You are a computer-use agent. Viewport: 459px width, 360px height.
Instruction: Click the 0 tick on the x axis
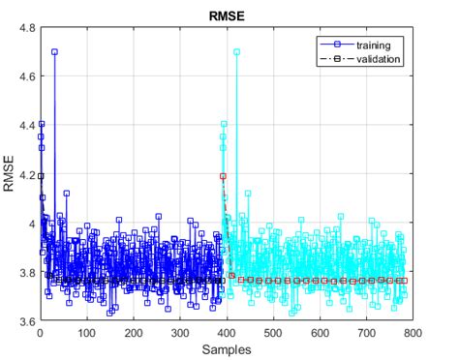40,332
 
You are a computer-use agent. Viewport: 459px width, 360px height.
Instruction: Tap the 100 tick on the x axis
87,332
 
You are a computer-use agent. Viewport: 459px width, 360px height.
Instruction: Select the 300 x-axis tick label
180,332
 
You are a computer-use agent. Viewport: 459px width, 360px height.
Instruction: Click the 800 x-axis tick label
413,332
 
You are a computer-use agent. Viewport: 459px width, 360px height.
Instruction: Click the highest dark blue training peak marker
54,52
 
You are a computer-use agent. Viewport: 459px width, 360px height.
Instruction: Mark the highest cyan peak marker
236,52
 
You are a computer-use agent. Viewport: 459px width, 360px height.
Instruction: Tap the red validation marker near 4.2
224,176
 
